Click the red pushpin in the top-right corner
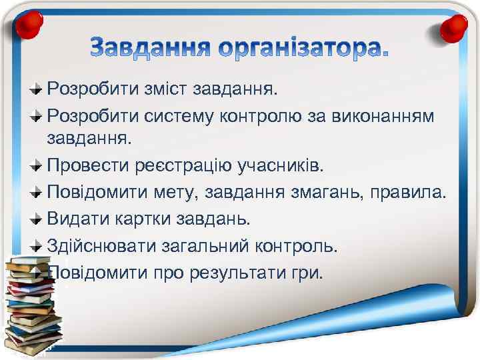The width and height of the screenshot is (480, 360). [455, 27]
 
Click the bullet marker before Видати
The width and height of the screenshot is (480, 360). [37, 219]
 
